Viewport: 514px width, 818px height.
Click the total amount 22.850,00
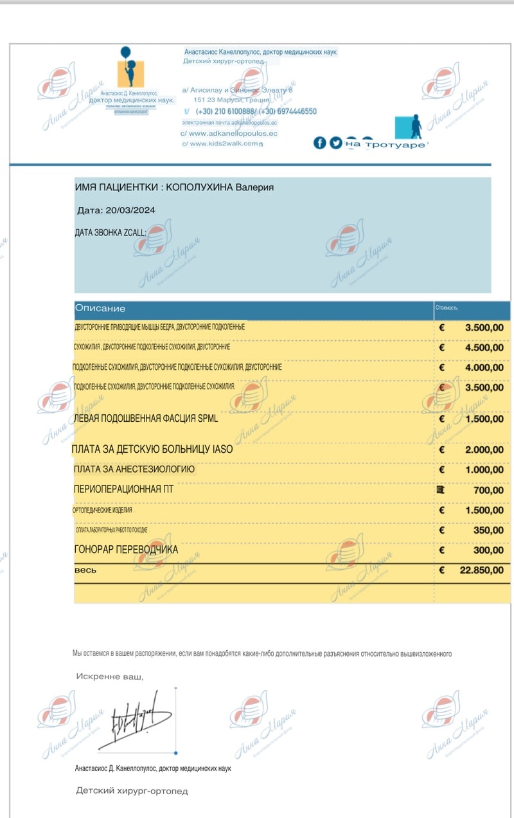482,570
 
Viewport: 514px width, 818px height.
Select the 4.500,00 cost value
484,348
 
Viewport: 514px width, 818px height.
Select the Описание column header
100,309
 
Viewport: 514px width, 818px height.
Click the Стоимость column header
447,308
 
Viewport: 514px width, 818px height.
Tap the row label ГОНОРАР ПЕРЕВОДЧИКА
126,550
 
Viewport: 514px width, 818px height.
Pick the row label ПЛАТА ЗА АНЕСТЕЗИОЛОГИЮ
134,469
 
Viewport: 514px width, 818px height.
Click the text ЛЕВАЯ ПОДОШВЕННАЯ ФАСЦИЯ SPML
146,419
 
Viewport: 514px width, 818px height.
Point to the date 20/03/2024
130,210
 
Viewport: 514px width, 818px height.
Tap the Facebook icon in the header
319,143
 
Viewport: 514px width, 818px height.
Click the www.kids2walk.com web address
223,144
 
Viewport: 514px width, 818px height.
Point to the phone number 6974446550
296,111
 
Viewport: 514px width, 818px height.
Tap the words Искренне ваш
110,677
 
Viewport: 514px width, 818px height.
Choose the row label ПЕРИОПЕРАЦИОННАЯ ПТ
123,490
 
